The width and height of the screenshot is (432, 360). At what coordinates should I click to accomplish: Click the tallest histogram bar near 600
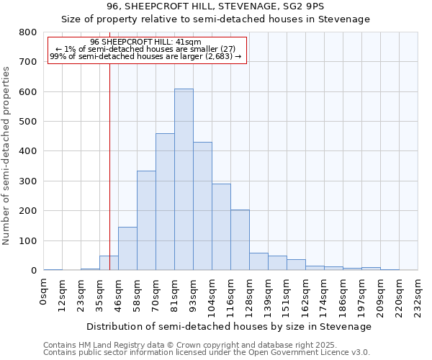pos(184,180)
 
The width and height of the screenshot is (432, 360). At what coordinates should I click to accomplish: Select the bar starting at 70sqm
pos(165,202)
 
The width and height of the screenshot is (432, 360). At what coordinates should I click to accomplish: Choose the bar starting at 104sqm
pos(221,228)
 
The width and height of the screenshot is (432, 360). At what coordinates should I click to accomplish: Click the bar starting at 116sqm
pos(240,240)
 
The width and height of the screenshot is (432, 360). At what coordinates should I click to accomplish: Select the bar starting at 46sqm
pos(127,249)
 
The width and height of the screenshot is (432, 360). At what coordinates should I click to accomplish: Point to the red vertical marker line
pos(109,180)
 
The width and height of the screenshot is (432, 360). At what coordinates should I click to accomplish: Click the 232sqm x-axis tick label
pos(418,295)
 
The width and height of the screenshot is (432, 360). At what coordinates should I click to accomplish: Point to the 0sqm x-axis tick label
pos(44,292)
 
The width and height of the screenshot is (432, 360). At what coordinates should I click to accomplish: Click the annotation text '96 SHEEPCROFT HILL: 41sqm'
pos(146,42)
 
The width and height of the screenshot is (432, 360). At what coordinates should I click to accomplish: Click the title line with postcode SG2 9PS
pos(215,6)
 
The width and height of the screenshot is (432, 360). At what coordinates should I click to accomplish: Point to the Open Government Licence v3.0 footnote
pos(207,352)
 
